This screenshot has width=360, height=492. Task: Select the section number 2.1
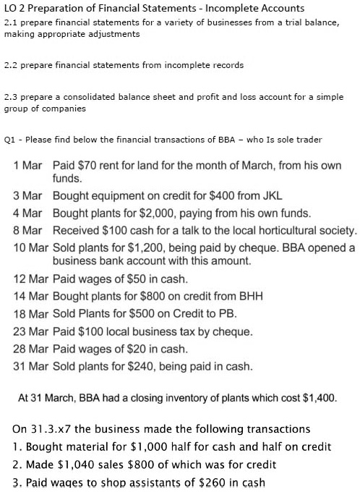coord(11,23)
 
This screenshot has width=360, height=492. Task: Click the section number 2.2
coord(11,64)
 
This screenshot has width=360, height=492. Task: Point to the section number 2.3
coord(11,97)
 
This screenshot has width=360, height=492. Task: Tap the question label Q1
coord(9,139)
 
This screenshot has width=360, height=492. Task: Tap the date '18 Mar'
coord(28,313)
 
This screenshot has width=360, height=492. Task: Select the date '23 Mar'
coord(28,331)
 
